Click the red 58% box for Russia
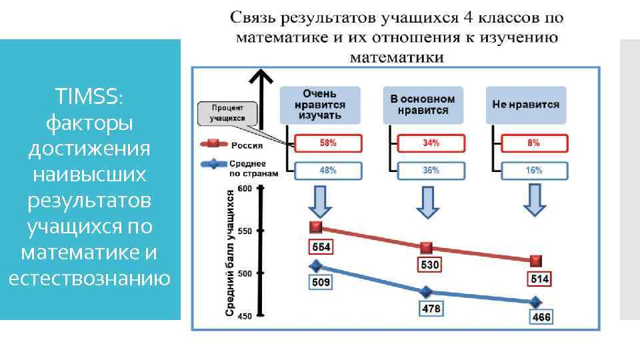pyautogui.click(x=328, y=143)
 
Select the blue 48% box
pyautogui.click(x=328, y=171)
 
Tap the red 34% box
pyautogui.click(x=431, y=143)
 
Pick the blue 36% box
pyautogui.click(x=431, y=171)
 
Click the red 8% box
pyautogui.click(x=534, y=143)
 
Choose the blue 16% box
pyautogui.click(x=534, y=171)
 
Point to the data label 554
pyautogui.click(x=321, y=247)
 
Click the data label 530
pyautogui.click(x=429, y=265)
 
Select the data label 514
pyautogui.click(x=539, y=279)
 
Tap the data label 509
pyautogui.click(x=321, y=282)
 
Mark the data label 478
pyautogui.click(x=431, y=309)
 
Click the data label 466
pyautogui.click(x=541, y=317)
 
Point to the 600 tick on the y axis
pyautogui.click(x=245, y=189)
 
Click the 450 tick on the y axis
pyautogui.click(x=245, y=316)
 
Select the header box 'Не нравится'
pyautogui.click(x=526, y=105)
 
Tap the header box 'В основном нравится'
pyautogui.click(x=423, y=105)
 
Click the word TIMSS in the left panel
pyautogui.click(x=89, y=97)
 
